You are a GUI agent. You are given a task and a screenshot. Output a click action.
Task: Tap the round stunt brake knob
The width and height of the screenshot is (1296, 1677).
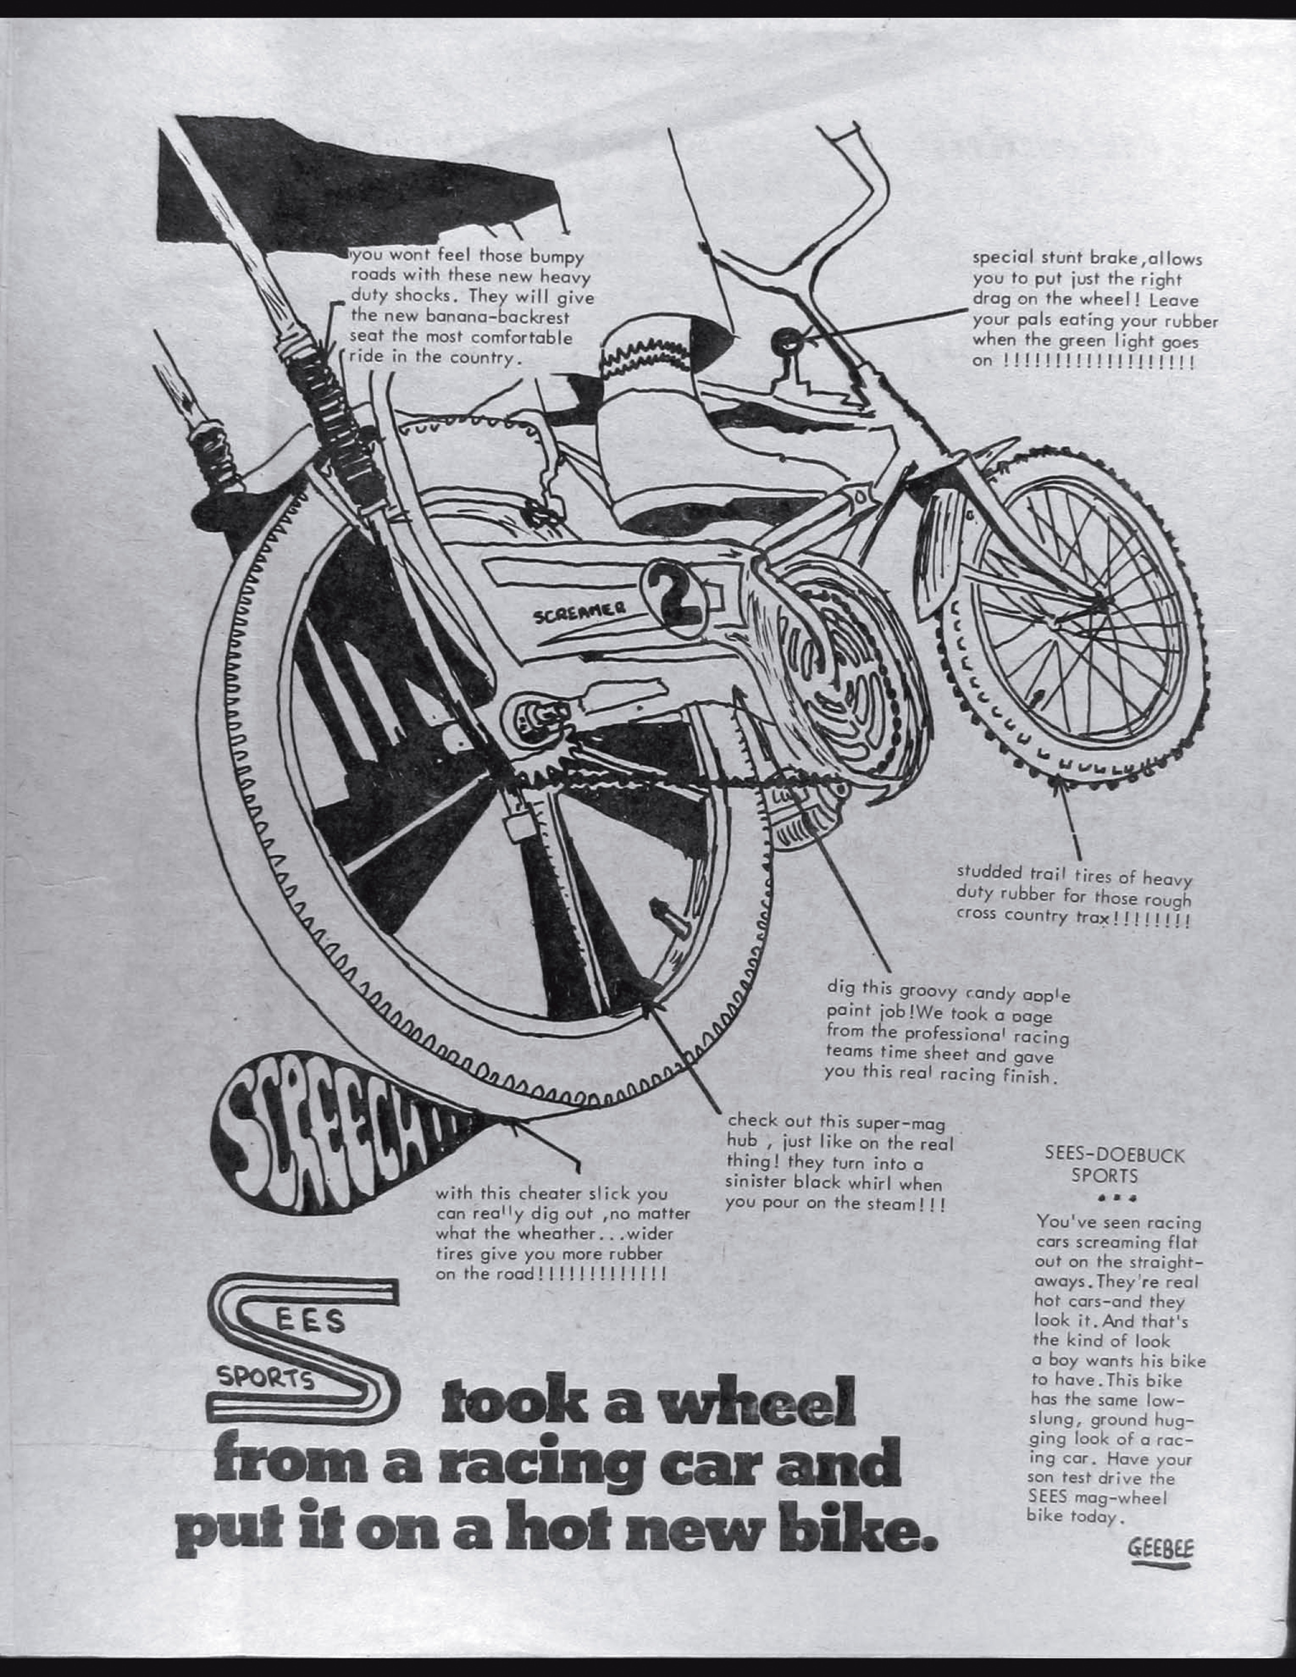tap(785, 338)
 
